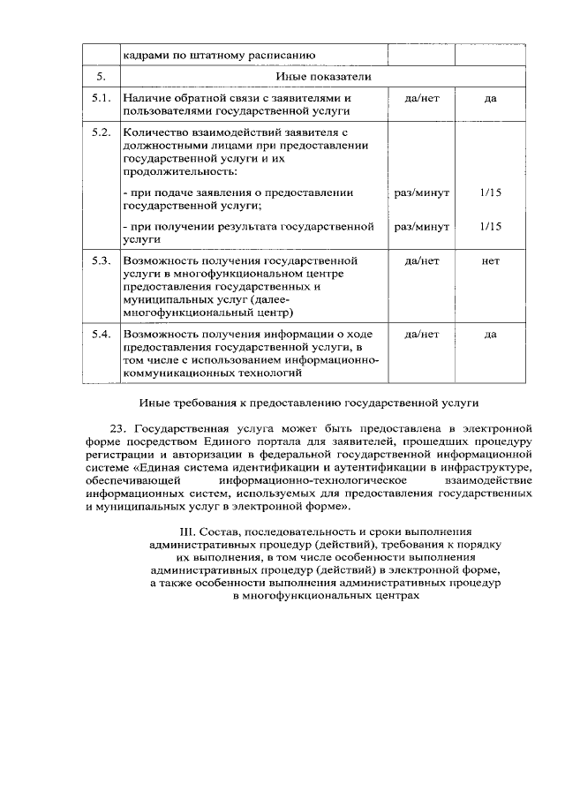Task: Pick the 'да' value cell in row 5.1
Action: point(491,98)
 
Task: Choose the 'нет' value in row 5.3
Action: point(491,261)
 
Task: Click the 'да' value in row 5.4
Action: point(491,335)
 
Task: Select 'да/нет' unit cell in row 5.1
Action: point(421,98)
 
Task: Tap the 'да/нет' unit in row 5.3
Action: point(421,261)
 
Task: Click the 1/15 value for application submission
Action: point(491,192)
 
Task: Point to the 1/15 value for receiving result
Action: point(491,227)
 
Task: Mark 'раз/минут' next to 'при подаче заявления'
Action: point(421,192)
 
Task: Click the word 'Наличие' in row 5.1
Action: point(146,98)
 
